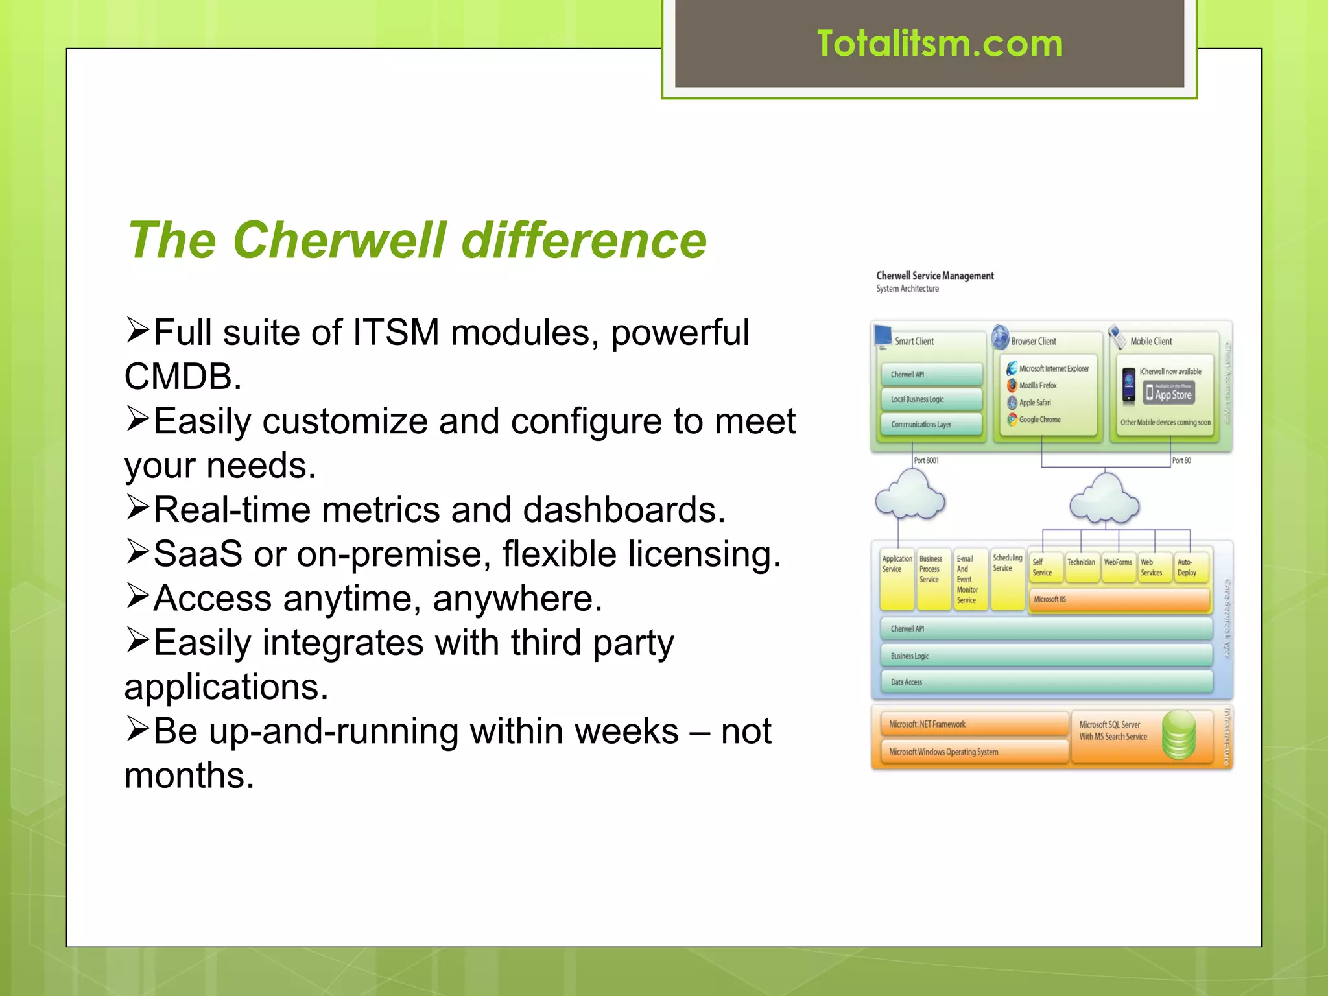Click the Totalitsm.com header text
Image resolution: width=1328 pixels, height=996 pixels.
tap(939, 44)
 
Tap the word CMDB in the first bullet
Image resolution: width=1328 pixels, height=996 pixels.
tap(182, 377)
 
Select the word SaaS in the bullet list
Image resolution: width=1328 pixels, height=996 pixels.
tap(197, 554)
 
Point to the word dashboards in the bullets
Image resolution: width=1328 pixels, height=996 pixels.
tap(623, 510)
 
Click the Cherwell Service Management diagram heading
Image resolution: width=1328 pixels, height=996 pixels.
tap(934, 276)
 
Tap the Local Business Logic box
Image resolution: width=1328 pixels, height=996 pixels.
tap(931, 399)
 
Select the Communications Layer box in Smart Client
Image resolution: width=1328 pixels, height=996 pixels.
tap(931, 425)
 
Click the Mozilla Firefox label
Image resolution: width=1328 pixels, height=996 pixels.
tap(1037, 385)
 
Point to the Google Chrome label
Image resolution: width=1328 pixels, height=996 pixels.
tap(1039, 420)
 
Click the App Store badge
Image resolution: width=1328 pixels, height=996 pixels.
tap(1168, 393)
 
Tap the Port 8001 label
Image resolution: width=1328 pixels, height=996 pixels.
tap(926, 460)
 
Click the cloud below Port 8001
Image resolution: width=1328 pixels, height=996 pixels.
tap(910, 497)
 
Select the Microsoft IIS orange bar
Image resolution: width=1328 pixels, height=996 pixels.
tap(1119, 599)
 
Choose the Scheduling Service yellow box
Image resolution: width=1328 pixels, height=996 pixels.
tap(1007, 580)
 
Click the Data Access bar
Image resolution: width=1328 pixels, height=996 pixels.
tap(1046, 682)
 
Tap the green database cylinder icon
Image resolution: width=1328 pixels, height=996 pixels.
tap(1178, 735)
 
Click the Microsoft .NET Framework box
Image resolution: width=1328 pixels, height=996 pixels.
tap(973, 724)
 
